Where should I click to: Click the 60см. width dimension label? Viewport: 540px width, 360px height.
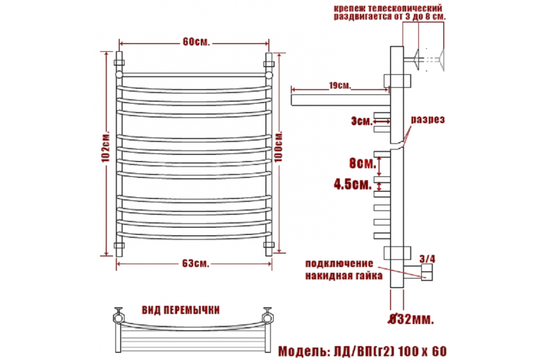(196, 42)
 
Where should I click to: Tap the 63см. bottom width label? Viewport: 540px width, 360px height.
(195, 264)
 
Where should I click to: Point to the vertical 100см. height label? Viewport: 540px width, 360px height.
(279, 146)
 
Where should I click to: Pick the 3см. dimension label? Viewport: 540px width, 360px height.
(362, 121)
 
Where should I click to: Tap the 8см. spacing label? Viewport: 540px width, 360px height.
(363, 163)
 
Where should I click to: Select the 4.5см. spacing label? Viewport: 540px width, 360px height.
(353, 184)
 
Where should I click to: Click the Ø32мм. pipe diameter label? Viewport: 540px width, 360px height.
(410, 319)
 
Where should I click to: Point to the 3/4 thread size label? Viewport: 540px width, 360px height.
(427, 259)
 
